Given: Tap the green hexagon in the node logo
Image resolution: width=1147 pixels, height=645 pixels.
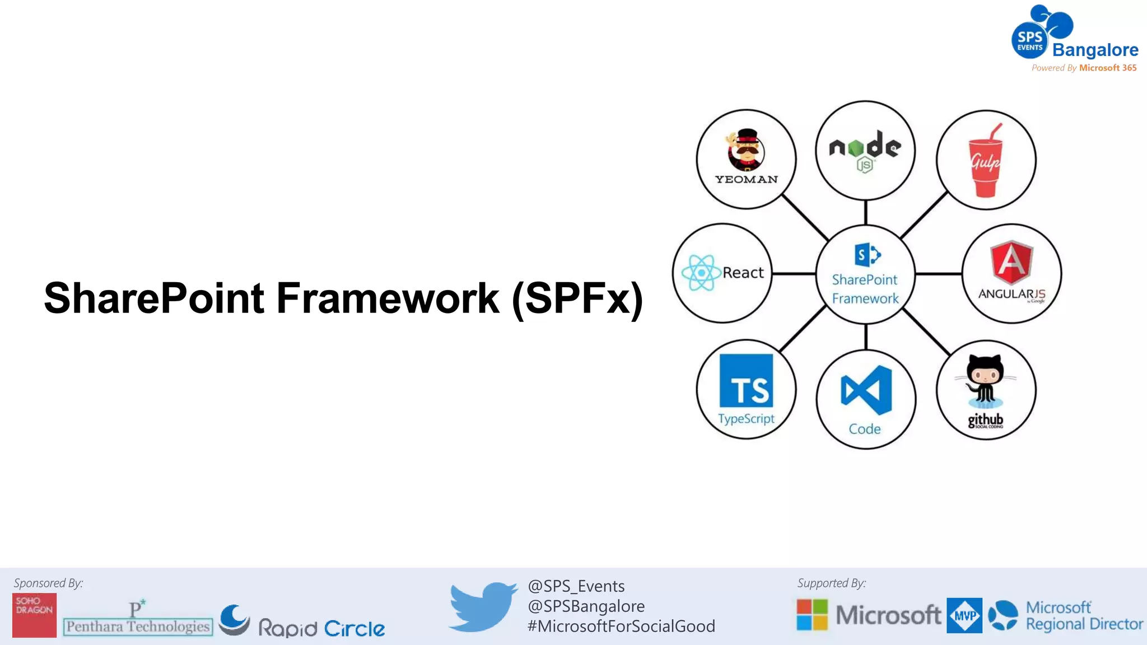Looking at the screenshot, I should pos(855,148).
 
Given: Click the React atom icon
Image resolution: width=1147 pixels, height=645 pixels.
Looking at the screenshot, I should pos(701,273).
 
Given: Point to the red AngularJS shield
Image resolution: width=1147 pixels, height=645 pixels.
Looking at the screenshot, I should pos(1011,262).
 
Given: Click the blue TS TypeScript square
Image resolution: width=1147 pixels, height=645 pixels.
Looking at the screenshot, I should pos(746,381).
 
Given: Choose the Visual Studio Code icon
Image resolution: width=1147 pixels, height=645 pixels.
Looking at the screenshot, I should pos(866,390).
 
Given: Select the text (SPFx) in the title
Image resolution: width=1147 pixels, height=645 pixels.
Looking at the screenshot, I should pos(577,299).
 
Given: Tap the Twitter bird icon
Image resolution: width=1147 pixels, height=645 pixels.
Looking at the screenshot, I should pos(483,606).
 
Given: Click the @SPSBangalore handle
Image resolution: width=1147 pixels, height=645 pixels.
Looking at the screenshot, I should pos(586,606).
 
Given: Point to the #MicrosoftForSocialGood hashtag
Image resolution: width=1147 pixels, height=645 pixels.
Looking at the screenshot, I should pos(621,626).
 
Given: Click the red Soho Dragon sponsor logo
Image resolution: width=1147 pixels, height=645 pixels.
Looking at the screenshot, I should pos(35,615).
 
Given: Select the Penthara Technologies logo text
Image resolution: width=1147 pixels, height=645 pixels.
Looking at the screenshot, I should pos(138,626).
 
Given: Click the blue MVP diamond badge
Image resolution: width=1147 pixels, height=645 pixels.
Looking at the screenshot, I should pos(964,615).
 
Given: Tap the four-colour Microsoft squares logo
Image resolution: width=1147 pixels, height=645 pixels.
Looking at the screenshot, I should pos(812,615).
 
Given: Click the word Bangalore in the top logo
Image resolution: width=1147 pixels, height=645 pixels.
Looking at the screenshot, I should pos(1095,50).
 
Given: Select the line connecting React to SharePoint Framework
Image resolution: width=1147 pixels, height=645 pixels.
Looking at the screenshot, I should pos(794,274).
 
